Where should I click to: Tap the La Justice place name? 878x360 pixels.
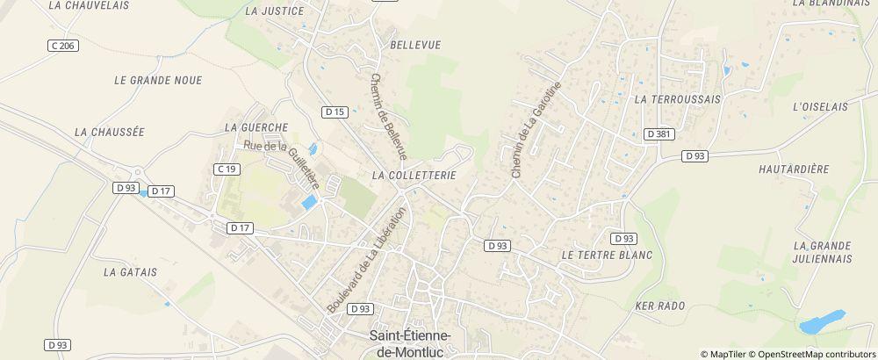[x=275, y=11]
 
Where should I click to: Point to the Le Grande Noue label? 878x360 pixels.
[x=158, y=80]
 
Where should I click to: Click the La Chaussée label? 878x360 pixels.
[x=109, y=132]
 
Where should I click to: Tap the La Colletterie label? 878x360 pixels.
[x=414, y=176]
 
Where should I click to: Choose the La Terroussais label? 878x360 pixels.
[x=677, y=100]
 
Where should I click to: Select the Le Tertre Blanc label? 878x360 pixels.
[x=606, y=255]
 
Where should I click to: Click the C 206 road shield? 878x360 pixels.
[x=62, y=45]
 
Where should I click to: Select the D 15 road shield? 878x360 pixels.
[x=335, y=112]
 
